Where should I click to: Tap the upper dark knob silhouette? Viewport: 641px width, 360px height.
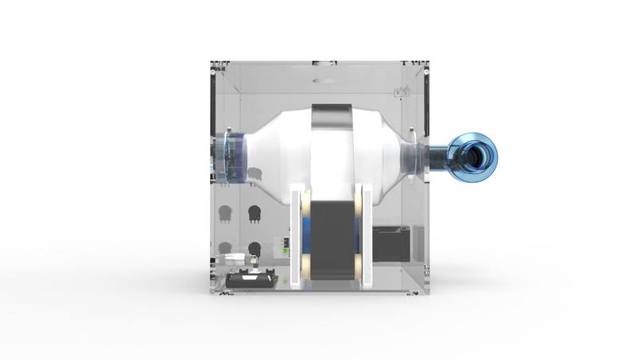254,213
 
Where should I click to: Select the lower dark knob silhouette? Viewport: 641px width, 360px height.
254,247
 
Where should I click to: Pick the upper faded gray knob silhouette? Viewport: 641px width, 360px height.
225,213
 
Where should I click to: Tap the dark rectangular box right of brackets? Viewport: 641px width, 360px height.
391,243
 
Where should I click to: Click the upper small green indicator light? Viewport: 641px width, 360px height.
284,250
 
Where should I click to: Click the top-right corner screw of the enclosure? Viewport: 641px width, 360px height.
426,72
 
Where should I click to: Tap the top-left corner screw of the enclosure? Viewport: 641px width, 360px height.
213,72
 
